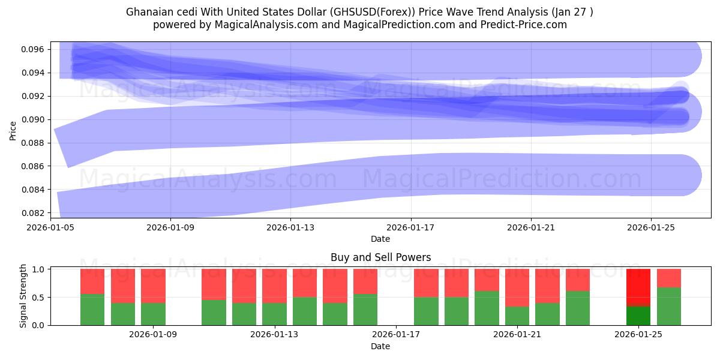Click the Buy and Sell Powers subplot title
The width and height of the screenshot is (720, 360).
click(380, 257)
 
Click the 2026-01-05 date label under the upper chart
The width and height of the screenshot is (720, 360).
click(50, 227)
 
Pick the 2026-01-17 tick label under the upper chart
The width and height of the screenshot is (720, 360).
click(410, 227)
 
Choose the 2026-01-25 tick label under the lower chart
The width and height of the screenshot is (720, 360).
click(638, 335)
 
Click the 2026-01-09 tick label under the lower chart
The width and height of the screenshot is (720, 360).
click(154, 335)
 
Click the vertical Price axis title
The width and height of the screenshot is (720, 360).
click(13, 130)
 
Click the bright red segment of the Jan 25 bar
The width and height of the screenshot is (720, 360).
click(638, 287)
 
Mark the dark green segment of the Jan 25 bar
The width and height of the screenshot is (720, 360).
click(638, 316)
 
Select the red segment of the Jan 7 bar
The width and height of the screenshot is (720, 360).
click(92, 281)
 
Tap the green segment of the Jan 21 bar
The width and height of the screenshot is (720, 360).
click(517, 316)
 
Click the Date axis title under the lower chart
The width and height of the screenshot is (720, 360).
click(380, 346)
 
